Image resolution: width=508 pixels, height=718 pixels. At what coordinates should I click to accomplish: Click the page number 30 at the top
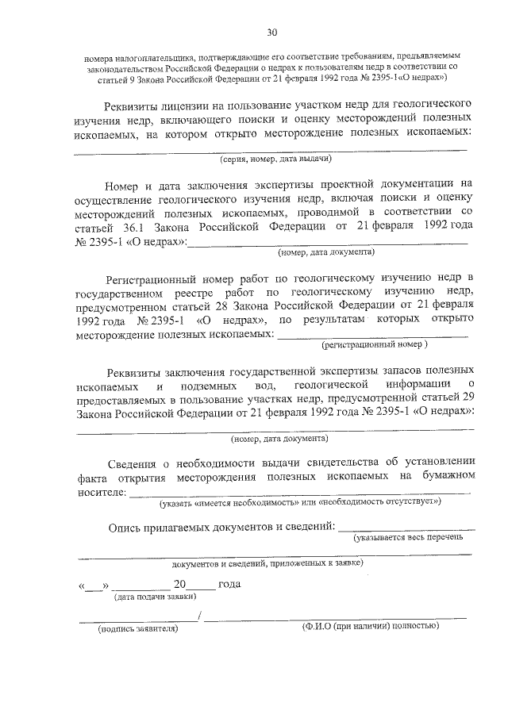coord(272,33)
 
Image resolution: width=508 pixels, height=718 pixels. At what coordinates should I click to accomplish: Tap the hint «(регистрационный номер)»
coord(374,345)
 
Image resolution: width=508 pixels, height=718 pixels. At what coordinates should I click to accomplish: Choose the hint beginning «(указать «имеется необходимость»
coord(300,503)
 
